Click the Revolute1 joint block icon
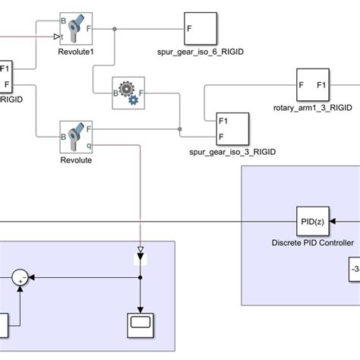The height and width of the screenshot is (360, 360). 75,30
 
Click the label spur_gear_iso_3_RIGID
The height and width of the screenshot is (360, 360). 232,152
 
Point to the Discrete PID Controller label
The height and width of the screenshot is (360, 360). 312,243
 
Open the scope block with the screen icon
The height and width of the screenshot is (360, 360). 141,324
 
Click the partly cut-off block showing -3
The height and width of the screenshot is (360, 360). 352,270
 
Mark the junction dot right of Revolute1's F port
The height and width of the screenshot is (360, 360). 115,30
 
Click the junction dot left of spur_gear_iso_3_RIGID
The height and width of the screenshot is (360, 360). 179,128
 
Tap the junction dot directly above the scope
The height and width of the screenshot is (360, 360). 141,279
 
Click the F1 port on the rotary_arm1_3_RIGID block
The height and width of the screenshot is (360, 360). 322,85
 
